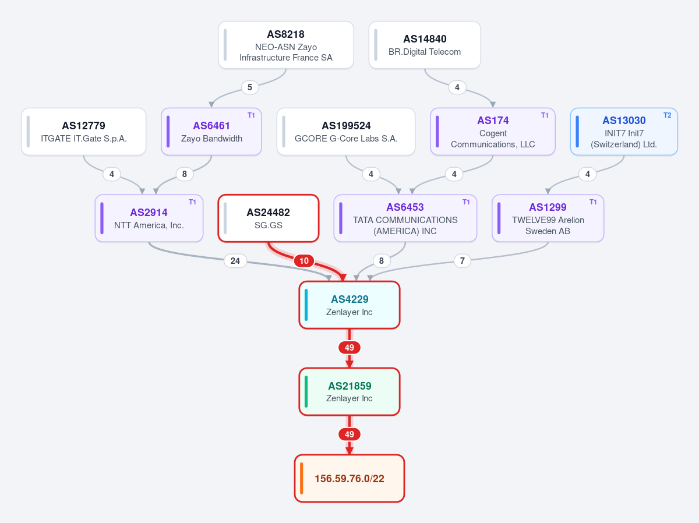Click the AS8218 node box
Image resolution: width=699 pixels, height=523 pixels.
tap(285, 45)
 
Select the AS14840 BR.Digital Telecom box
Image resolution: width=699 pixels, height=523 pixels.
tap(425, 45)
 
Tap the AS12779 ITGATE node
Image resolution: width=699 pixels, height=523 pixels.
tap(83, 132)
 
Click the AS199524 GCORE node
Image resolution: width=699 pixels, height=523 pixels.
tap(346, 132)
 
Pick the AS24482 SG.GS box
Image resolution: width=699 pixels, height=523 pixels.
tap(269, 218)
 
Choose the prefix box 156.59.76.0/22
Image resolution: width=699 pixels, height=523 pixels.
tap(349, 478)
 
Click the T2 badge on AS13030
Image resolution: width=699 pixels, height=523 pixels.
tap(667, 115)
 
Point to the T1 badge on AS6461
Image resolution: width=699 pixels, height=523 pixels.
tap(251, 115)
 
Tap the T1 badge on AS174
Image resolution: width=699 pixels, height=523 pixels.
tap(545, 115)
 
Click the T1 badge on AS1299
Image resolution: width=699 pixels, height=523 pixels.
tap(593, 202)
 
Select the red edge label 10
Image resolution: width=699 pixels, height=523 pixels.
tap(304, 261)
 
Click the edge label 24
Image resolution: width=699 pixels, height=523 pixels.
tap(235, 261)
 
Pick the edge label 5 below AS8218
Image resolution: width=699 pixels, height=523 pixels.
tap(250, 87)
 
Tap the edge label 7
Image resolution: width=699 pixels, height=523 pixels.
tap(462, 261)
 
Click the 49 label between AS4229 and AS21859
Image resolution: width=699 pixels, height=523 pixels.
tap(349, 348)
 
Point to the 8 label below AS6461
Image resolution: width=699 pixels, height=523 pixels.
tap(185, 174)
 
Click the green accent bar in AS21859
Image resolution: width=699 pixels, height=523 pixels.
tap(306, 391)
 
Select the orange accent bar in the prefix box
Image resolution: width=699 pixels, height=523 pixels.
tap(302, 478)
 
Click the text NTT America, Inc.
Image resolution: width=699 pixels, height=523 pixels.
tap(149, 225)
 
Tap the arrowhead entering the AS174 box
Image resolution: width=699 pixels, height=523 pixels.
tap(493, 105)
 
